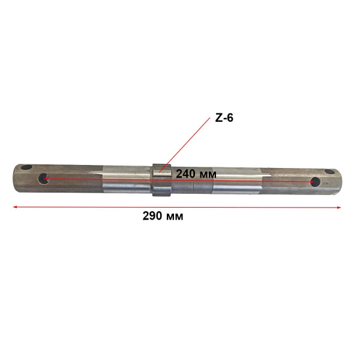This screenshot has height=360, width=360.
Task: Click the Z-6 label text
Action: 224,118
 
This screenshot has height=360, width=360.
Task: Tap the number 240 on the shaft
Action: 185,174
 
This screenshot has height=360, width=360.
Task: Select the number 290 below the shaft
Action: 152,216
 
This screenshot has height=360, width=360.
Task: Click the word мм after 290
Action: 174,217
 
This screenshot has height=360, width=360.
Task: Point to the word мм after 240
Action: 208,175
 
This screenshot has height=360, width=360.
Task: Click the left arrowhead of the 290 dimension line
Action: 14,207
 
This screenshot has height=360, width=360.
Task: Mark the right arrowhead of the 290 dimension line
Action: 339,208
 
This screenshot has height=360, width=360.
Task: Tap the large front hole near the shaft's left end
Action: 43,179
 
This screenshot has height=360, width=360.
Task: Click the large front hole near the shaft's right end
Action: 315,182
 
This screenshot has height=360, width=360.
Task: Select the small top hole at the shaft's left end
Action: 26,167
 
